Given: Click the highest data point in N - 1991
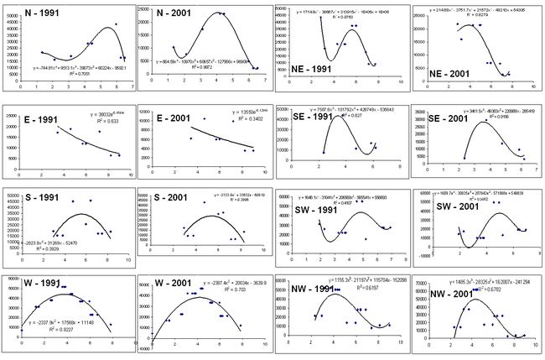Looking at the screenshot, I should [117, 24].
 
